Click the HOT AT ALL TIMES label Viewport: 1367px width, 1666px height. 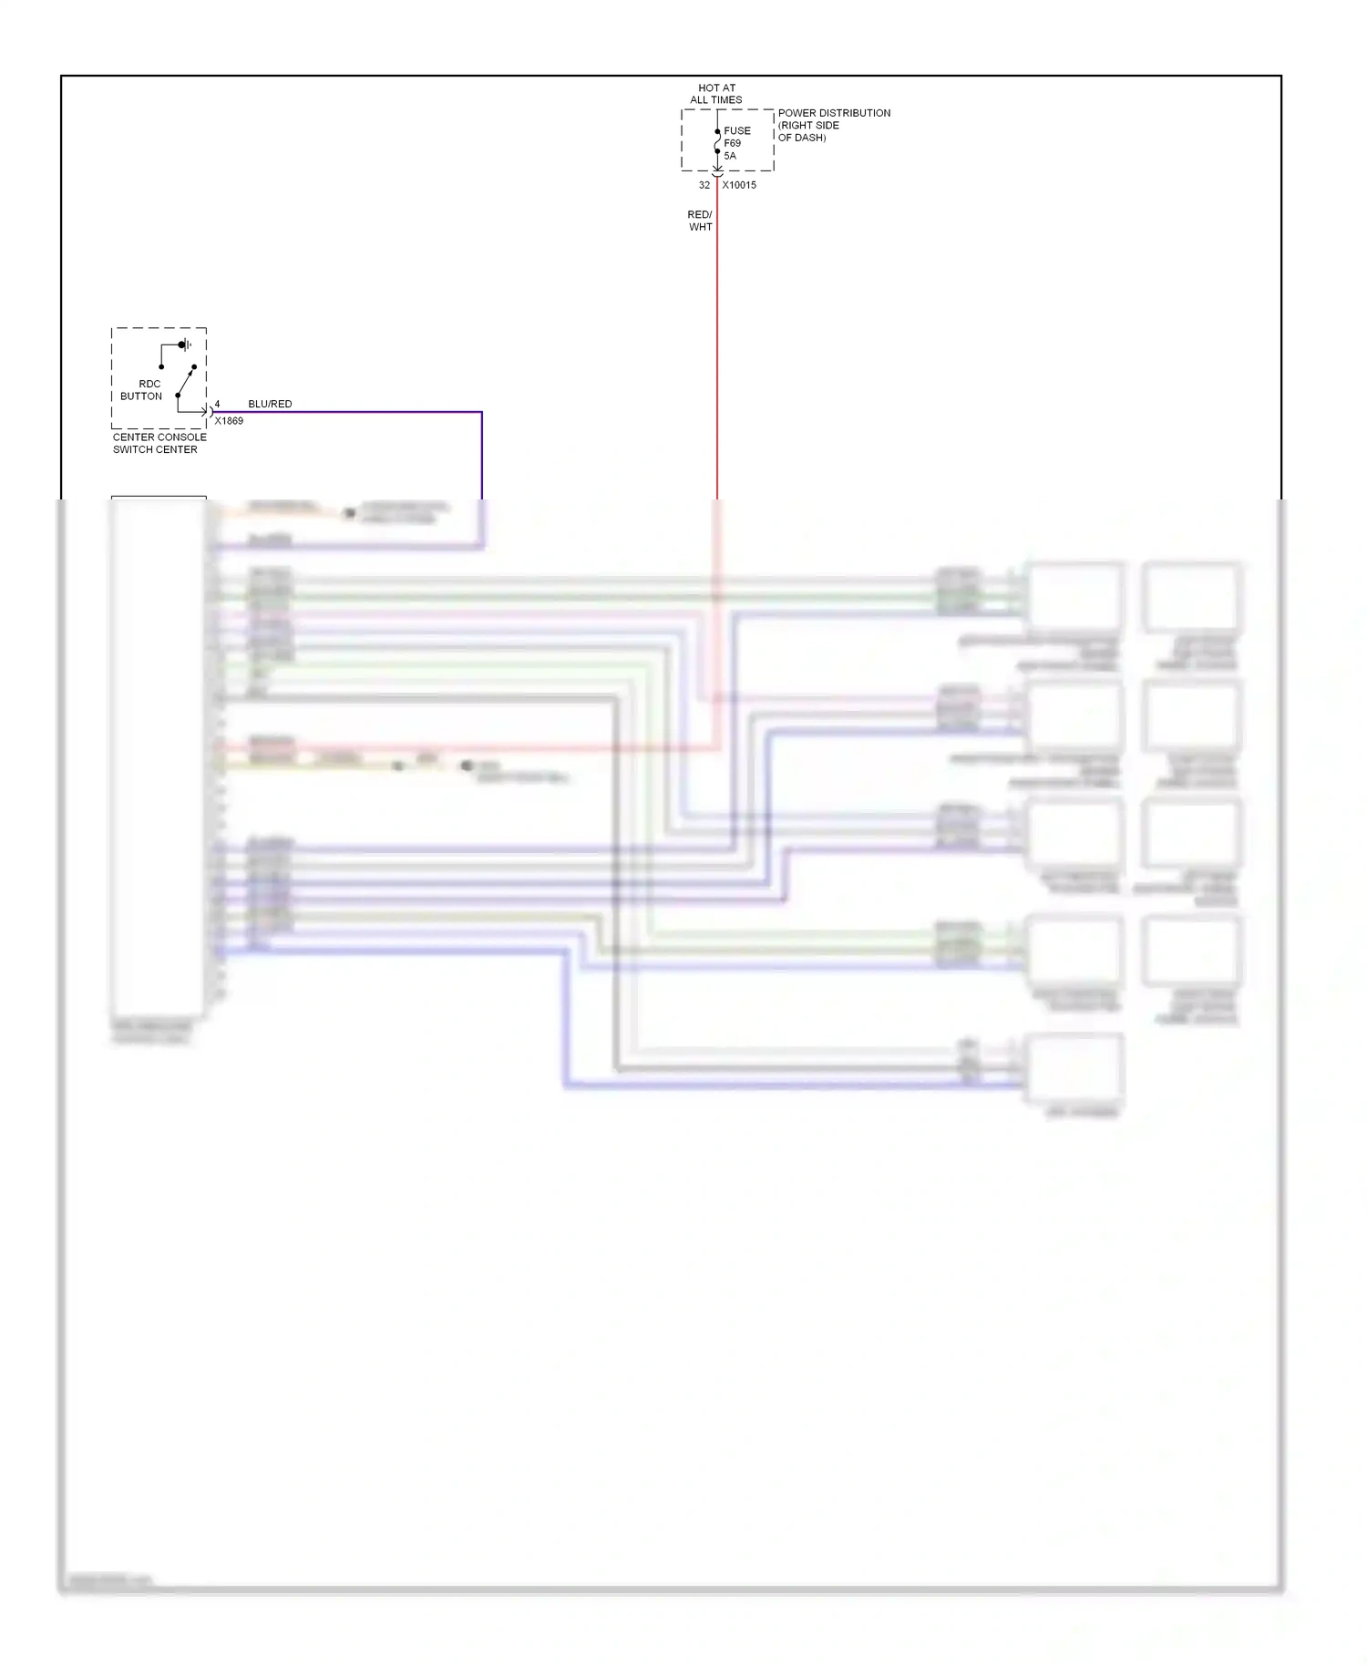(716, 94)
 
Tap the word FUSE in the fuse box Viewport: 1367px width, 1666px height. (737, 130)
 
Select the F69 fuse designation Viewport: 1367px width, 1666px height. (733, 143)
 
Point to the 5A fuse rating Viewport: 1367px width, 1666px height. (730, 156)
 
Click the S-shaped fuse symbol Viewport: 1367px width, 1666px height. (717, 142)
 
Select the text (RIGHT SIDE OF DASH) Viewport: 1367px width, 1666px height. (808, 131)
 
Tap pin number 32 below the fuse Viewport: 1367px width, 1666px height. (704, 185)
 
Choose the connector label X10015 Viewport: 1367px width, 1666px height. (739, 185)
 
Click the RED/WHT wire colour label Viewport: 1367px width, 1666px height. (700, 221)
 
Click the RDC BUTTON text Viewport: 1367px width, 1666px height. (141, 390)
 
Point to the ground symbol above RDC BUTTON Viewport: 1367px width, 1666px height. (185, 345)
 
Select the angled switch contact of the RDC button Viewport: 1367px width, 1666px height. (186, 381)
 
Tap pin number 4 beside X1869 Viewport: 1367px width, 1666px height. (217, 404)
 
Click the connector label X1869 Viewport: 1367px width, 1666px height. (229, 421)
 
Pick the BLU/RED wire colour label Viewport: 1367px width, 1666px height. (270, 404)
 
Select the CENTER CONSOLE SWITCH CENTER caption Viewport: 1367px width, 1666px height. (159, 443)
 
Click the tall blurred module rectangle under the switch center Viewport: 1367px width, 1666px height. (158, 756)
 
